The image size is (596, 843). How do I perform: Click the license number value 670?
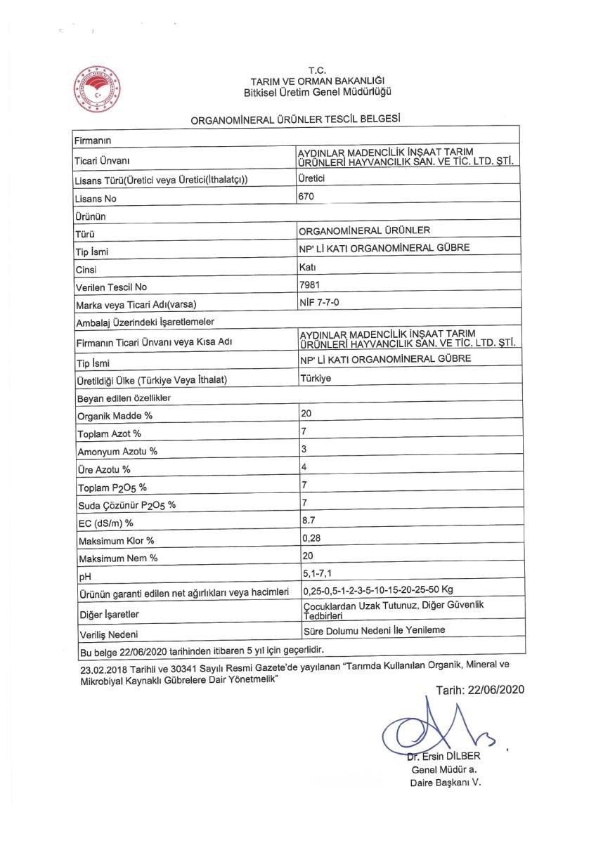coord(305,197)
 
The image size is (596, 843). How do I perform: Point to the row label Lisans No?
coord(95,199)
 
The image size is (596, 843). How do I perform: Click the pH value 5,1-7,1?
coord(316,574)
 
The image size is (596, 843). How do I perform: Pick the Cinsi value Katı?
coord(308,268)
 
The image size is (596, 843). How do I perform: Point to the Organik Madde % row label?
coord(113,415)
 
